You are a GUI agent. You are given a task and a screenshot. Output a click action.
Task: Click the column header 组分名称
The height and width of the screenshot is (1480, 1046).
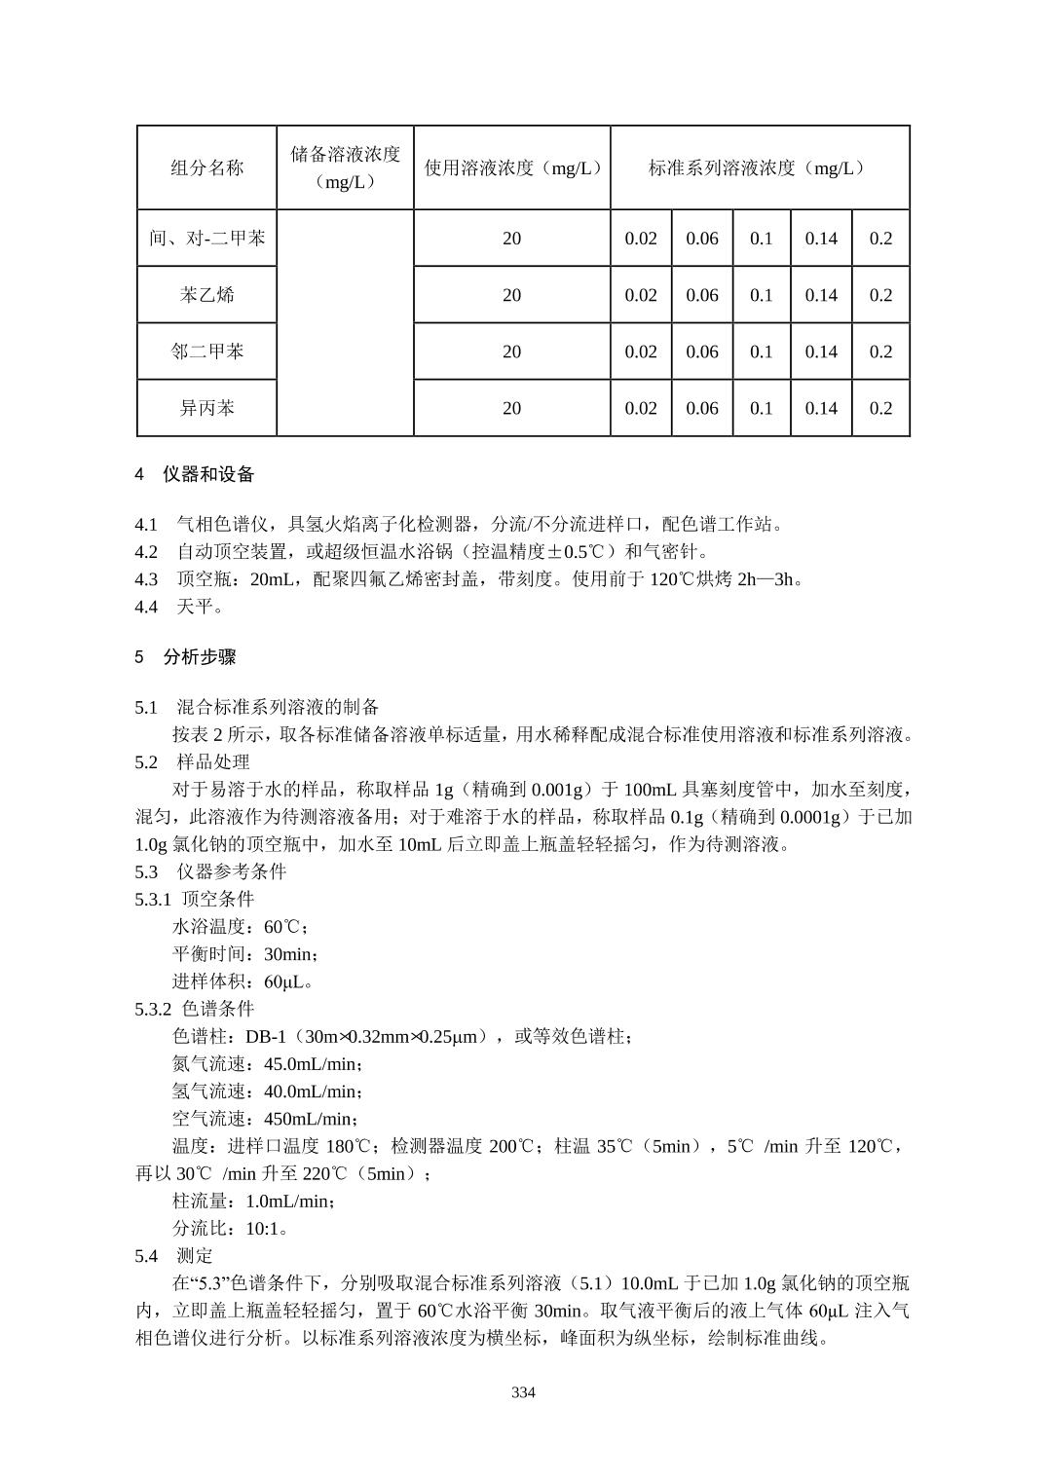[206, 167]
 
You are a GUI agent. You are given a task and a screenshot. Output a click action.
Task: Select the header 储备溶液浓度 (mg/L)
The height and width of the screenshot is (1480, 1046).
[345, 167]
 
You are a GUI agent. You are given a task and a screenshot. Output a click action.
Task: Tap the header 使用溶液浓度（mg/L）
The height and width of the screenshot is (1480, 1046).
[512, 167]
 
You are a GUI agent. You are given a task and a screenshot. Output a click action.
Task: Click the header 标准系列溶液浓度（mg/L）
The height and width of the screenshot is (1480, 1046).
[759, 167]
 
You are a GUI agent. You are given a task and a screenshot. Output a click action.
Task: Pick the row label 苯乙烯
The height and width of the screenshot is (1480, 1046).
[206, 295]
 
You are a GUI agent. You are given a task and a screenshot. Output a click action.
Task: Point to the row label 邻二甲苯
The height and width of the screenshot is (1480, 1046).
[206, 351]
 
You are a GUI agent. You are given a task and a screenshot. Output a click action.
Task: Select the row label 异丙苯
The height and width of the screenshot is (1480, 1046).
[206, 408]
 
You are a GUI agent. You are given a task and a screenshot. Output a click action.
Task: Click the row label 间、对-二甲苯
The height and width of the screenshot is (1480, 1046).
[206, 239]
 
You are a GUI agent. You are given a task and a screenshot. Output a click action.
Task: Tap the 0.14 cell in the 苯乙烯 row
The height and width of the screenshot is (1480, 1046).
[821, 295]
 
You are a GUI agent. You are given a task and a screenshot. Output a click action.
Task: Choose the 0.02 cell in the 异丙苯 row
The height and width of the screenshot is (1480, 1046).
[641, 408]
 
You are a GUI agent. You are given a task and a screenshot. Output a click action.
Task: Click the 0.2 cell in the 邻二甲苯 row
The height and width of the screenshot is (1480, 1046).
[880, 351]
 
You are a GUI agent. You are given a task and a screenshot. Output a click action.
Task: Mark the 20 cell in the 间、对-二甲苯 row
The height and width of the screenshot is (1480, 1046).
[512, 239]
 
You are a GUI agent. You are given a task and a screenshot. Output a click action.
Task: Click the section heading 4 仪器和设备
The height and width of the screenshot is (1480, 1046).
[195, 474]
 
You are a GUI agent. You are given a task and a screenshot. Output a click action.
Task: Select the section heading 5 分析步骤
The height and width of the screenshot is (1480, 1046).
[186, 657]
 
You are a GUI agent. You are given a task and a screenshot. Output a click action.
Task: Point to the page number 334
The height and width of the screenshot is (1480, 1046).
[523, 1392]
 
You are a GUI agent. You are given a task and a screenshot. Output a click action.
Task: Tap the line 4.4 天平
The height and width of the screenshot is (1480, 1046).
[181, 607]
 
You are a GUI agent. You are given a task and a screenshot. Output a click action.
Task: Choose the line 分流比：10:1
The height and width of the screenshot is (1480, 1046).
[230, 1228]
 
